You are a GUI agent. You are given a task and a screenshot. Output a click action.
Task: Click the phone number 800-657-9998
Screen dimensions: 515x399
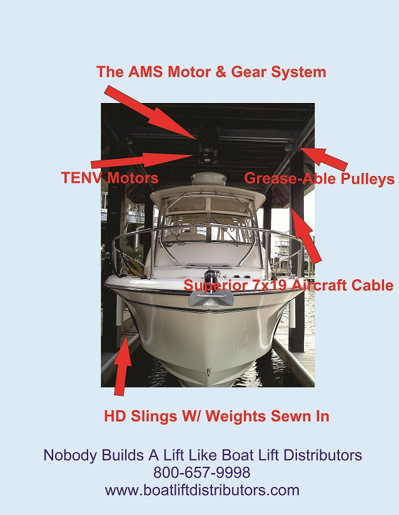[x=202, y=473]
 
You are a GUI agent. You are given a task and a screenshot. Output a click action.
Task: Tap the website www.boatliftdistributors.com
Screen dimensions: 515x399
[x=202, y=490]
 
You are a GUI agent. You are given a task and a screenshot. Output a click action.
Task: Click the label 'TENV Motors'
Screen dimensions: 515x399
[x=109, y=178]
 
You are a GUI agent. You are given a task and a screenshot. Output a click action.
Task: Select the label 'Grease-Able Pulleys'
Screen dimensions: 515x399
[x=319, y=179]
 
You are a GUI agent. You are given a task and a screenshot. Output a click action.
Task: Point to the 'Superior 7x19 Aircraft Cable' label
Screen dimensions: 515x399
[x=288, y=286]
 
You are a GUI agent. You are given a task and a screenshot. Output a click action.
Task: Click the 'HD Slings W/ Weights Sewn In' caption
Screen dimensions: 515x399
[x=216, y=416]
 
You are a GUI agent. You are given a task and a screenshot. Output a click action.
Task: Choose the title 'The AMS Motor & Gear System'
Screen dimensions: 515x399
[x=211, y=72]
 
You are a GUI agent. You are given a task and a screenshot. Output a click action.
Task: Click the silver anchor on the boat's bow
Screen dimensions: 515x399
[x=211, y=297]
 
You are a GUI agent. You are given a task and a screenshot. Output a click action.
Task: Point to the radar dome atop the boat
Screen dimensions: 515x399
[x=208, y=179]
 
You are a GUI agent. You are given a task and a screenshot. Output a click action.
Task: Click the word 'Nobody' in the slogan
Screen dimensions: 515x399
[x=69, y=455]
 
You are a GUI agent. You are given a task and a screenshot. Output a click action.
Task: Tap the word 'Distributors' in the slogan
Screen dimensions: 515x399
[x=323, y=455]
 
